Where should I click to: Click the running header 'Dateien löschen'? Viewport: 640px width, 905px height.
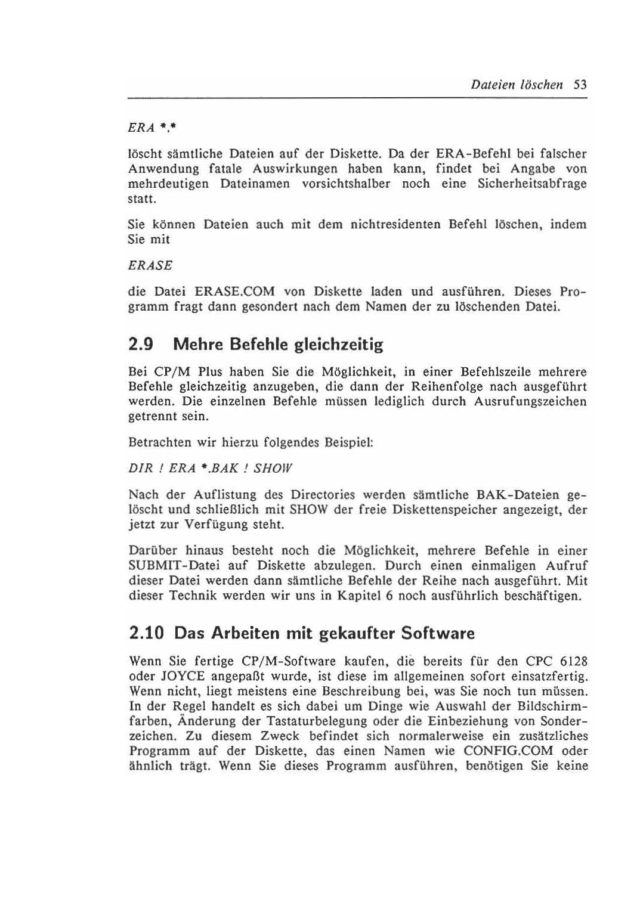tap(517, 85)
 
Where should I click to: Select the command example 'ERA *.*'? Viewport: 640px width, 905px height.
tap(154, 128)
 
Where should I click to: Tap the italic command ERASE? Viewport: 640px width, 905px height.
tap(150, 265)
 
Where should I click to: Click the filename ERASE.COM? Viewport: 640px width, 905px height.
tap(234, 292)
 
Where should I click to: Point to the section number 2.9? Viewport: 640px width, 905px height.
tap(141, 345)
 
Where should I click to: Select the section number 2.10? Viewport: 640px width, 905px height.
tap(146, 633)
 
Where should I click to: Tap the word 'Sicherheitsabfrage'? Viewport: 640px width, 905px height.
tap(532, 184)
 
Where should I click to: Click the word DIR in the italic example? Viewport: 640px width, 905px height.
tap(140, 469)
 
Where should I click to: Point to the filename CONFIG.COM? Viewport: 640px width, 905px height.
tap(508, 751)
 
